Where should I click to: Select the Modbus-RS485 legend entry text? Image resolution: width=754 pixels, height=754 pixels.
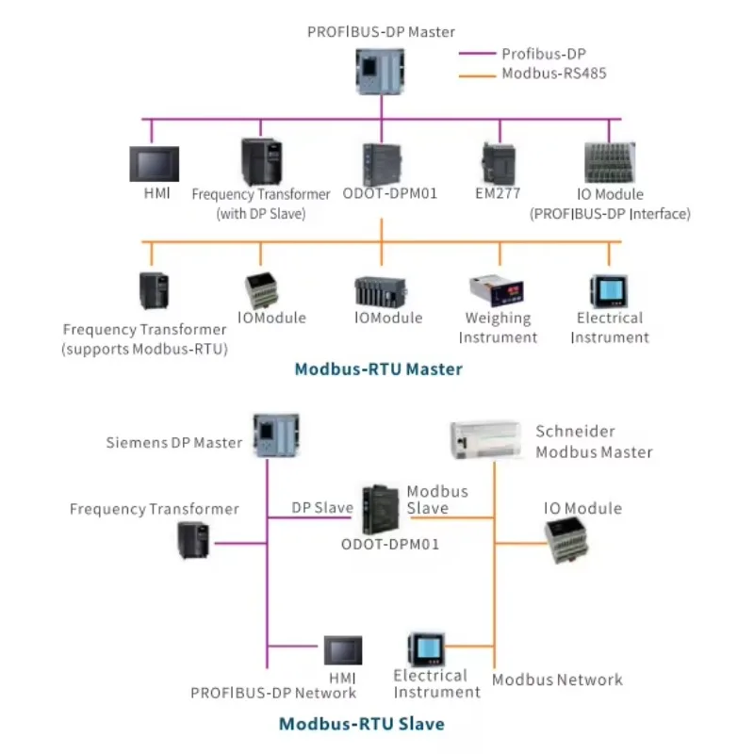554,73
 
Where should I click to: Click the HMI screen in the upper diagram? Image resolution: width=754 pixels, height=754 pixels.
154,164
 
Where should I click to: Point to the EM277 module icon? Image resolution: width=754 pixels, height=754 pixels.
499,163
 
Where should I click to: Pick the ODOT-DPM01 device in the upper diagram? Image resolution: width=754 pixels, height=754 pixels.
382,164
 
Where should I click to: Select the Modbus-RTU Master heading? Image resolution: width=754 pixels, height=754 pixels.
379,369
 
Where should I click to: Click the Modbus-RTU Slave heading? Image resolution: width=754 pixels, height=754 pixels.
361,724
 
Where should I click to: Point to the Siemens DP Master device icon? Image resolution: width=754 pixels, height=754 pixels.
275,435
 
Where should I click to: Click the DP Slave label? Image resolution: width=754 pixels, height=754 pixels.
321,507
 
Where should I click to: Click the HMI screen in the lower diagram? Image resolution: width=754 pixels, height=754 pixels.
342,650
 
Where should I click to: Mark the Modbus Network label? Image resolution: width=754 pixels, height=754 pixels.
557,680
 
